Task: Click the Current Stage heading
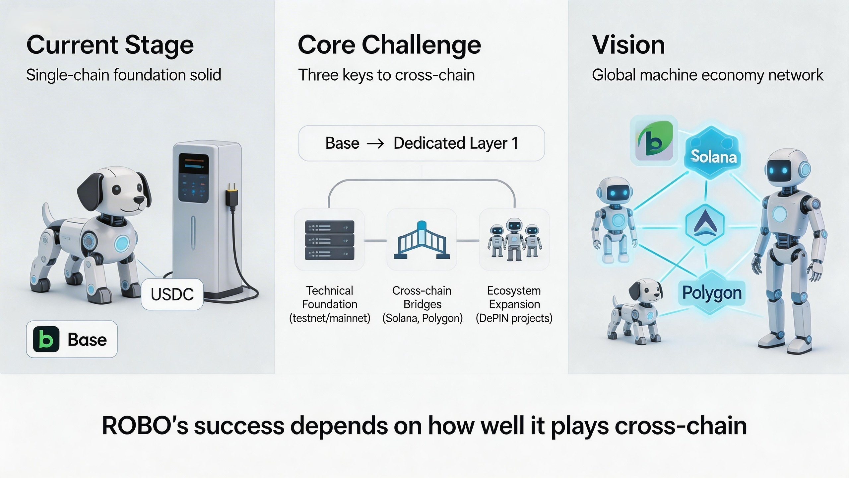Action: point(110,45)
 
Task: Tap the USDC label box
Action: point(172,294)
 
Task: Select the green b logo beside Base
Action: point(46,339)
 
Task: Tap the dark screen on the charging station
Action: point(194,178)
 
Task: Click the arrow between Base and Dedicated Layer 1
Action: point(375,143)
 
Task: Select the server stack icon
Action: point(329,240)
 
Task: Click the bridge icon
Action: point(422,240)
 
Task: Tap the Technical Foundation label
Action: point(330,304)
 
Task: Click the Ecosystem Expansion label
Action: point(514,304)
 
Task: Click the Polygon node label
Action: point(712,293)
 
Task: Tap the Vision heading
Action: point(628,45)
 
